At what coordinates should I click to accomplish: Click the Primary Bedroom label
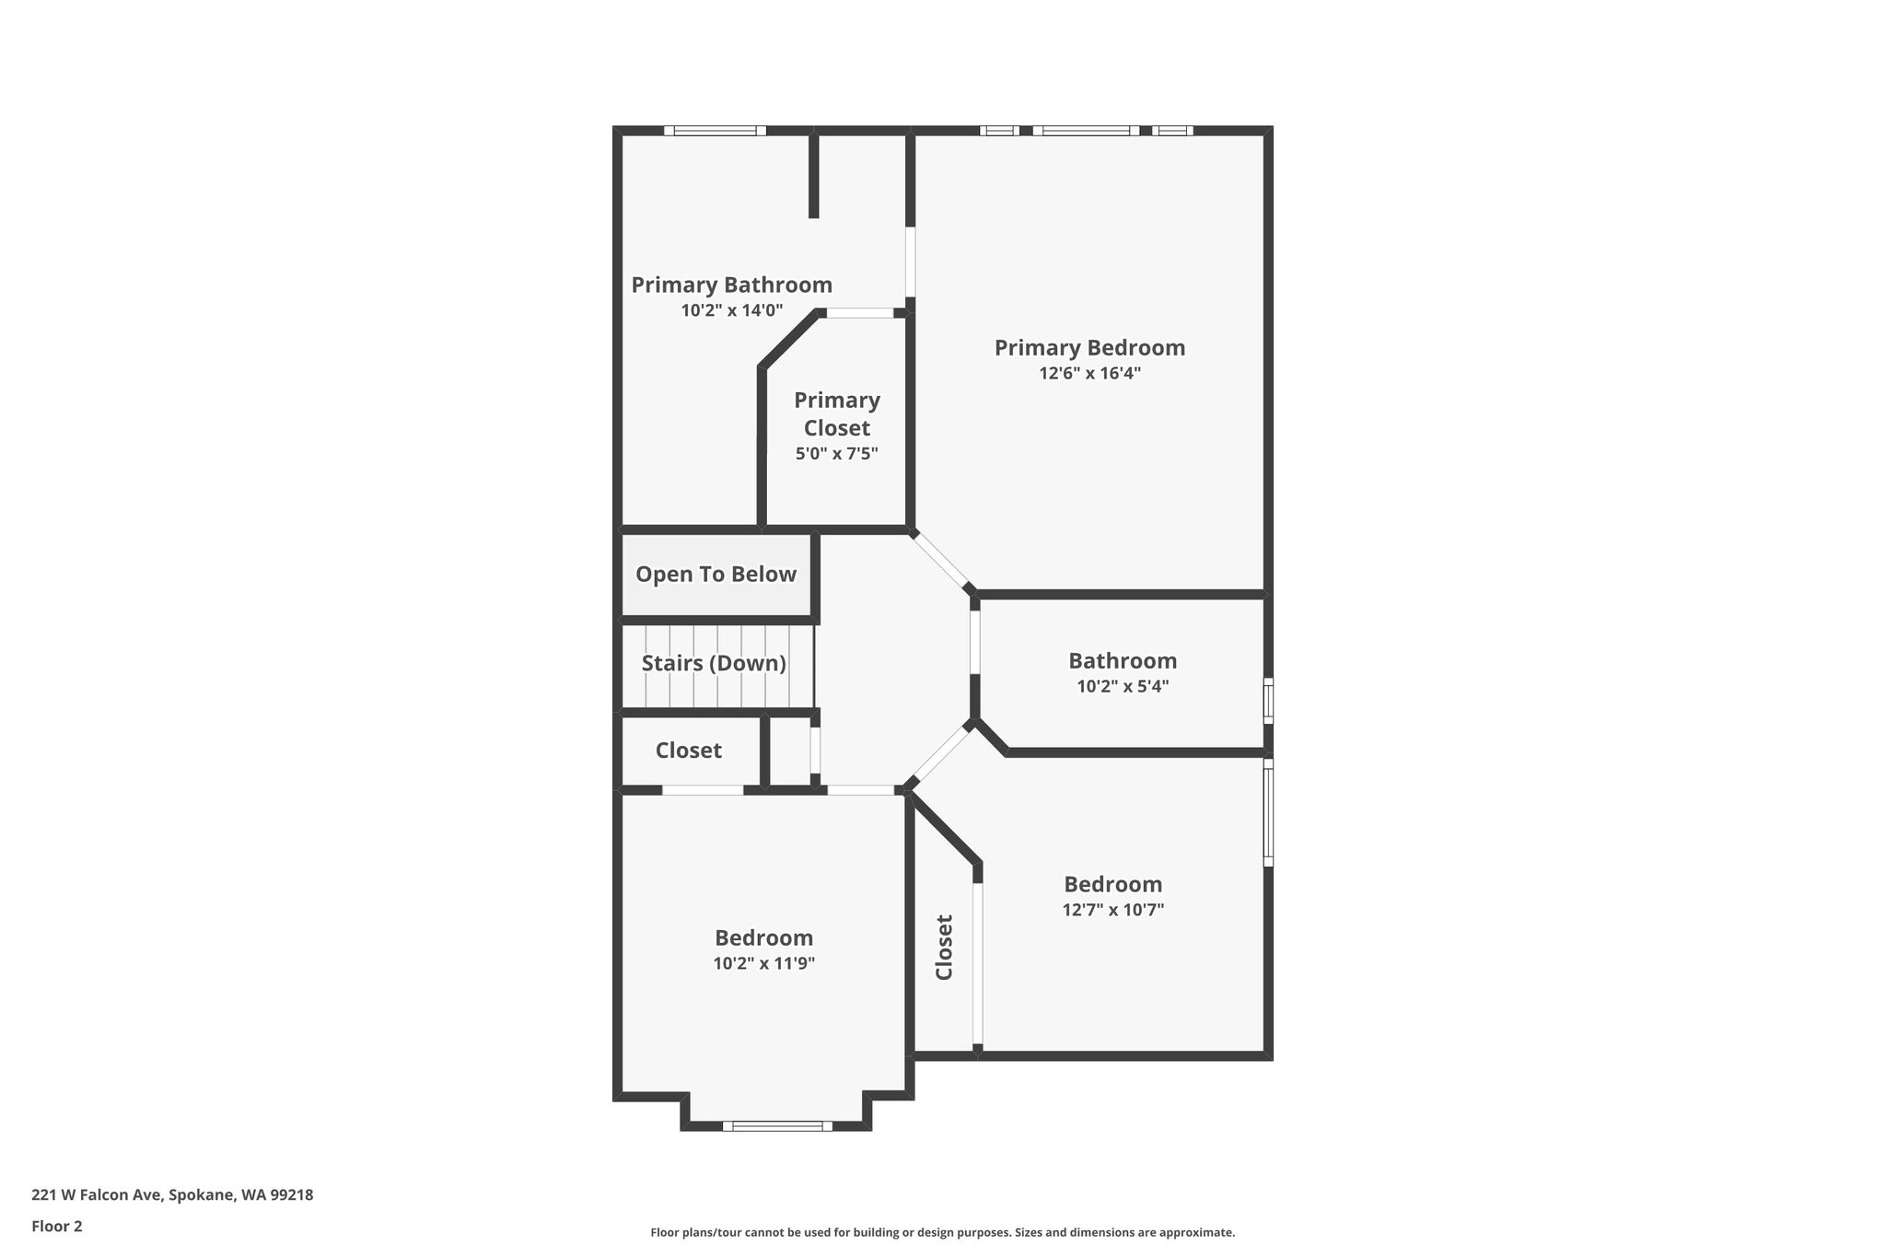pyautogui.click(x=1089, y=348)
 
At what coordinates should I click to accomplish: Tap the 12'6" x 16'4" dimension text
pyautogui.click(x=1090, y=373)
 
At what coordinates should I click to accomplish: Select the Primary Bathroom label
pyautogui.click(x=731, y=285)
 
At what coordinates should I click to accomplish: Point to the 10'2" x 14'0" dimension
pyautogui.click(x=732, y=310)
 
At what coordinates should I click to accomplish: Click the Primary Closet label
pyautogui.click(x=837, y=413)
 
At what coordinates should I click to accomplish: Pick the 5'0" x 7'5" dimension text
pyautogui.click(x=837, y=453)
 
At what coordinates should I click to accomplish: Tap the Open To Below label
pyautogui.click(x=716, y=575)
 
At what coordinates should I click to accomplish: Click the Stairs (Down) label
pyautogui.click(x=714, y=663)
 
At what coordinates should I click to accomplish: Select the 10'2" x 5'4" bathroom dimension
pyautogui.click(x=1123, y=686)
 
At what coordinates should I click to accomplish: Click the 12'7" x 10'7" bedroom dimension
pyautogui.click(x=1113, y=910)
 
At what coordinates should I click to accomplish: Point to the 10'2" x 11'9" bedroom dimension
pyautogui.click(x=764, y=963)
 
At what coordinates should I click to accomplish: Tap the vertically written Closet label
pyautogui.click(x=944, y=947)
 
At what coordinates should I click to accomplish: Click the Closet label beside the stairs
pyautogui.click(x=689, y=751)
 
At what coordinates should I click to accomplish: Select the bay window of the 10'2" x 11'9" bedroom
pyautogui.click(x=777, y=1125)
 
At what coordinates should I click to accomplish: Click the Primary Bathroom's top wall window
pyautogui.click(x=716, y=131)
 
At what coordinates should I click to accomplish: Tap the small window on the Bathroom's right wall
pyautogui.click(x=1268, y=702)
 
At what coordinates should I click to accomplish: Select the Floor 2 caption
pyautogui.click(x=57, y=1226)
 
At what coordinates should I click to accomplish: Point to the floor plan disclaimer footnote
pyautogui.click(x=943, y=1232)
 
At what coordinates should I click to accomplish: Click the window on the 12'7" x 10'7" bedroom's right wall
pyautogui.click(x=1268, y=812)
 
